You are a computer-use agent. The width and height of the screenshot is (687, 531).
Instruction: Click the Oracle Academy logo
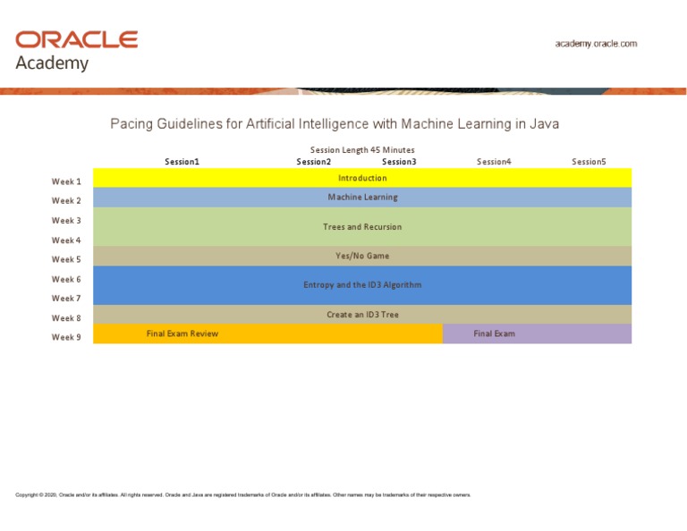pyautogui.click(x=76, y=50)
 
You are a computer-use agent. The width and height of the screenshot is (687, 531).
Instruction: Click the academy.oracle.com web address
pyautogui.click(x=596, y=43)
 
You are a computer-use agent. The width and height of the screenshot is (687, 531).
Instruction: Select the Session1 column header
pyautogui.click(x=182, y=162)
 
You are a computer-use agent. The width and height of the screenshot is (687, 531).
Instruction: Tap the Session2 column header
pyautogui.click(x=314, y=162)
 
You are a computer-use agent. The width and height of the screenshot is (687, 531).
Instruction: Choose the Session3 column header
pyautogui.click(x=399, y=162)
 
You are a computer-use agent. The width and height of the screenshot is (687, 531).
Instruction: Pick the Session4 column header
pyautogui.click(x=494, y=162)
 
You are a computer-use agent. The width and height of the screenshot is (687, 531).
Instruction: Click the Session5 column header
pyautogui.click(x=589, y=162)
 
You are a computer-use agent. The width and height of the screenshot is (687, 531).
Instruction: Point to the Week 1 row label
pyautogui.click(x=66, y=181)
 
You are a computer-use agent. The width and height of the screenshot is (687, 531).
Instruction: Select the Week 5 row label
pyautogui.click(x=66, y=259)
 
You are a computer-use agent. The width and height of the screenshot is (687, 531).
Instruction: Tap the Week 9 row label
pyautogui.click(x=66, y=337)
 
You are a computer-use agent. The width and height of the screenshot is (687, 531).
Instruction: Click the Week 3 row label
pyautogui.click(x=66, y=221)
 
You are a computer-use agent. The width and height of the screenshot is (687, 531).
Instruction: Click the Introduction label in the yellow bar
pyautogui.click(x=362, y=178)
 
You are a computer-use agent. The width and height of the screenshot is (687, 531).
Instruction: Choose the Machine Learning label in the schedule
pyautogui.click(x=362, y=198)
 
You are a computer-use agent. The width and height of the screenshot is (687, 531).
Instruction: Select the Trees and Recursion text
pyautogui.click(x=362, y=227)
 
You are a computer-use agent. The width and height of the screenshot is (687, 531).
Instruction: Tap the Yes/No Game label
pyautogui.click(x=362, y=256)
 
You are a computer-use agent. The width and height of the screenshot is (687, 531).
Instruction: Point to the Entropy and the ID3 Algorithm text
pyautogui.click(x=362, y=285)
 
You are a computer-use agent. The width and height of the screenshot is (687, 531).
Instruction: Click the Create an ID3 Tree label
pyautogui.click(x=362, y=315)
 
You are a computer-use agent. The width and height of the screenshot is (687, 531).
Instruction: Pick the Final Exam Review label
pyautogui.click(x=182, y=333)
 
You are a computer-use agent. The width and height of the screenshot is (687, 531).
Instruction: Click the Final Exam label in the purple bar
pyautogui.click(x=494, y=333)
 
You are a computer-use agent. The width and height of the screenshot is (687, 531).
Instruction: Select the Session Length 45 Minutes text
pyautogui.click(x=362, y=150)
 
